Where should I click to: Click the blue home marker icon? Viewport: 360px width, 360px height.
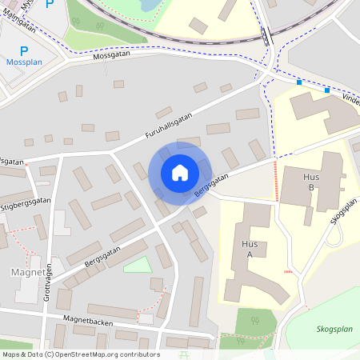coord(180,173)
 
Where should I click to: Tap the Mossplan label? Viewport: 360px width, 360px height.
coord(24,62)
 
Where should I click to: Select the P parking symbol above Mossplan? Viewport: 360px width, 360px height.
coord(24,50)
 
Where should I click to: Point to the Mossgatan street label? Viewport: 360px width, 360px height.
coord(110,57)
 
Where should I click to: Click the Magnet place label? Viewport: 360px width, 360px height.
coord(27,273)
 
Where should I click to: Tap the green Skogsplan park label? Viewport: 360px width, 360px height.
coord(333,328)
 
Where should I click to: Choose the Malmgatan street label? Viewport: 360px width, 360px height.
coord(19,26)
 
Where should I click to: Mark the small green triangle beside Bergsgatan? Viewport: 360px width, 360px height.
coord(137,264)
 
